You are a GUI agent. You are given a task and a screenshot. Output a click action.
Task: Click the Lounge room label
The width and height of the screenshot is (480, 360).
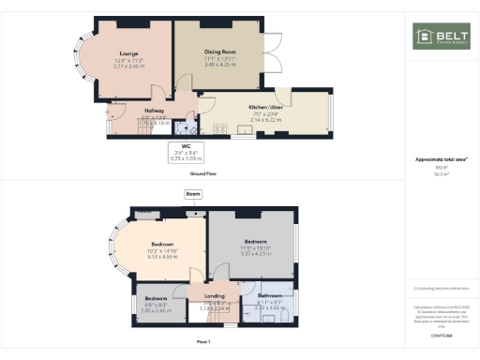click(x=129, y=54)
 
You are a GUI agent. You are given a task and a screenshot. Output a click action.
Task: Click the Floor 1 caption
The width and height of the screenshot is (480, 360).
click(x=216, y=341)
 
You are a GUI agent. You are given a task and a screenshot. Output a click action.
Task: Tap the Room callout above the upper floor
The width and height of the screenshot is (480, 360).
click(x=193, y=194)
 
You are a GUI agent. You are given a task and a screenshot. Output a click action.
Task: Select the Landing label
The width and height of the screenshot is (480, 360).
click(x=215, y=296)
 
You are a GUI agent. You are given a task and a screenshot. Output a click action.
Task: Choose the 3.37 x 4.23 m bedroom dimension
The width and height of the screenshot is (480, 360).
click(x=255, y=253)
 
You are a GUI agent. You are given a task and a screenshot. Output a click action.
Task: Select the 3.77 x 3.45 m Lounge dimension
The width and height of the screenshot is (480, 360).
click(x=129, y=67)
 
